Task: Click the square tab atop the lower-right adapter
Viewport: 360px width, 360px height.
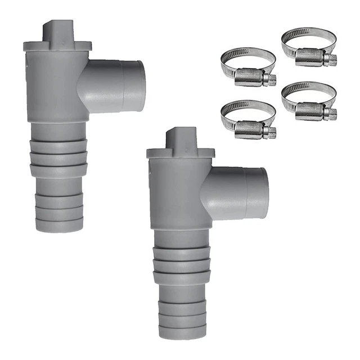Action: (181, 138)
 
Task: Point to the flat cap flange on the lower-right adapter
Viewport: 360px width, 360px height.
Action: (181, 153)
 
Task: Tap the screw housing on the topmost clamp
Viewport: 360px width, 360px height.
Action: (312, 56)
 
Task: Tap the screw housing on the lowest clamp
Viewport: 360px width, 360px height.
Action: (251, 130)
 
